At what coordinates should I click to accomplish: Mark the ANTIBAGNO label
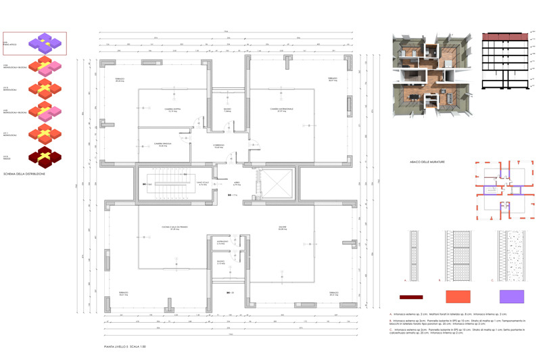coord(221,242)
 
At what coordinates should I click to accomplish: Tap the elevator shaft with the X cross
coord(275,183)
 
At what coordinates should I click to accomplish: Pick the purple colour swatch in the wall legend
coord(512,296)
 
